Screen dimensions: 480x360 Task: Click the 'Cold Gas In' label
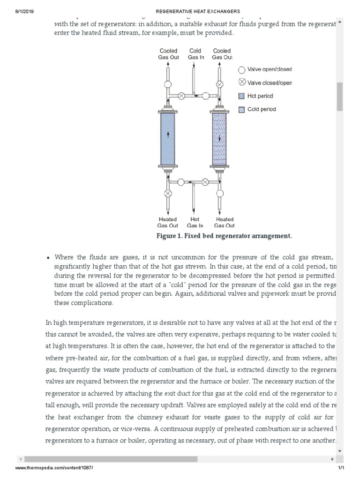coord(195,54)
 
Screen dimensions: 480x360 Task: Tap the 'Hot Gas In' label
coord(195,222)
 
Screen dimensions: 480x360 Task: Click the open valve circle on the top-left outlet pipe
coord(167,84)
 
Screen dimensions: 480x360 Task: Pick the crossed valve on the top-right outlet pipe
coord(219,84)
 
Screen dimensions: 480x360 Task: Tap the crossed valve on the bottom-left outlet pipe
coord(167,193)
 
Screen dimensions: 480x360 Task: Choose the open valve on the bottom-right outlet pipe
coord(219,193)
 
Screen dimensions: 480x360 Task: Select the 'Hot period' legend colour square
coord(241,96)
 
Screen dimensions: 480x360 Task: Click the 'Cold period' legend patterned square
coord(241,110)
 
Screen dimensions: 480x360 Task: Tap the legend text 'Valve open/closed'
coord(270,69)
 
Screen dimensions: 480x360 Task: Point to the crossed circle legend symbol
coord(242,82)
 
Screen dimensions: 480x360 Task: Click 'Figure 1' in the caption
coord(169,236)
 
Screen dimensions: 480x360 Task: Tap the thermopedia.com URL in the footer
coord(51,468)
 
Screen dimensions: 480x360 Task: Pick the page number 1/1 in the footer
coord(341,468)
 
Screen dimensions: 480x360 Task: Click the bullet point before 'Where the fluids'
coord(48,257)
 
